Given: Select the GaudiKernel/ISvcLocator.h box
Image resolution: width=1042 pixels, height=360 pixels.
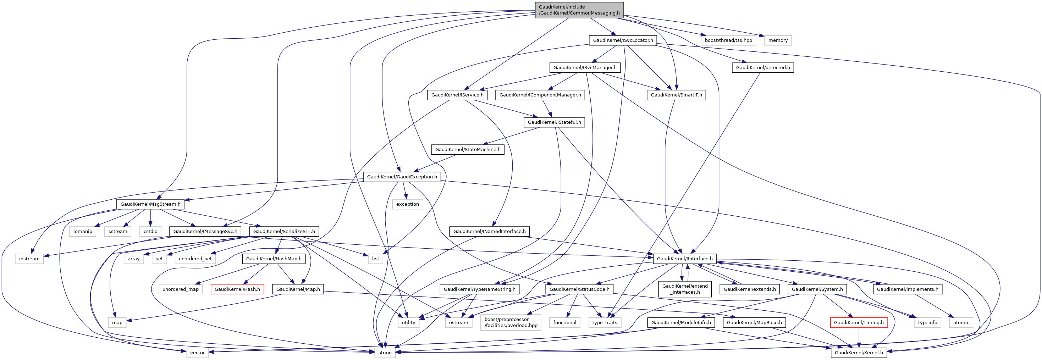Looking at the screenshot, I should tap(623, 40).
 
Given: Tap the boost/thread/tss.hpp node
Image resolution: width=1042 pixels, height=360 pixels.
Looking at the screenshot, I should tap(728, 40).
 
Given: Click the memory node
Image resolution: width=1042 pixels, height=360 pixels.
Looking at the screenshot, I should tap(777, 40).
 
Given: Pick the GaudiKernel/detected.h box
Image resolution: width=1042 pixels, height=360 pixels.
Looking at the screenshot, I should tap(762, 67).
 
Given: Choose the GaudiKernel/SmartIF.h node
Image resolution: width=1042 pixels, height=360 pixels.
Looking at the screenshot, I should tap(676, 95).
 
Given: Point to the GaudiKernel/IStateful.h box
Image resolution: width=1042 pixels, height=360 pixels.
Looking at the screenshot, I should tap(554, 122).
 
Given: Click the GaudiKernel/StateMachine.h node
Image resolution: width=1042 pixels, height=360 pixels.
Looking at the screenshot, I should tap(467, 150).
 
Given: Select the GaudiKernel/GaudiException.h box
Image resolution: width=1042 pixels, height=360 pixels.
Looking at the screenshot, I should tap(402, 177).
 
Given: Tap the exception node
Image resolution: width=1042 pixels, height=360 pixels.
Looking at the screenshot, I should tap(407, 204).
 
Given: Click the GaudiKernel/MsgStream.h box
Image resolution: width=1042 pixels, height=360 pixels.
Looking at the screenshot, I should tap(150, 204).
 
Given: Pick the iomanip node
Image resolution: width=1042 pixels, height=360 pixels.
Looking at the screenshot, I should tap(83, 231).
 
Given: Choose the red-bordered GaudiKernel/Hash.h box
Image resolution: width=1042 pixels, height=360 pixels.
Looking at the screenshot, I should tap(237, 289).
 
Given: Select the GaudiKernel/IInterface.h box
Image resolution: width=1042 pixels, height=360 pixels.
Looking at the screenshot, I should tap(684, 259).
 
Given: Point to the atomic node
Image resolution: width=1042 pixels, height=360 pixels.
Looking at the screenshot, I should tap(961, 323).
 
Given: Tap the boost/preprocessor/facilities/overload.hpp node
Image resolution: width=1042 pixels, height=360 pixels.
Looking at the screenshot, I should tap(511, 322).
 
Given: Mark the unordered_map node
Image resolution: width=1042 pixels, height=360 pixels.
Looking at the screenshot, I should tap(181, 289).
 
